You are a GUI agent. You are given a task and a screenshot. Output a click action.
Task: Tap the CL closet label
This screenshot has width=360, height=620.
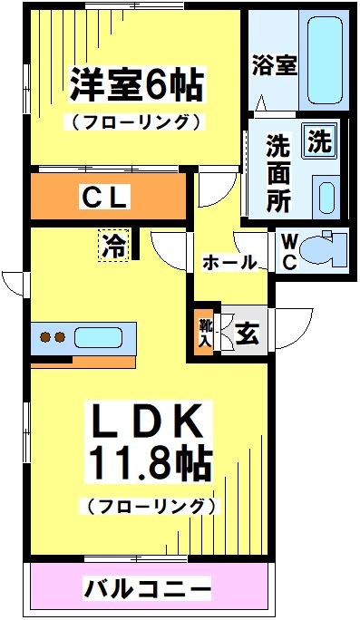pos(106,196)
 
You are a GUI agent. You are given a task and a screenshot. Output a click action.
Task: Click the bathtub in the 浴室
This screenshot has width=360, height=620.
pos(326,60)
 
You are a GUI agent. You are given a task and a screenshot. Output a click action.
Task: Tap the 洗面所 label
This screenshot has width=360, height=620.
pos(278,172)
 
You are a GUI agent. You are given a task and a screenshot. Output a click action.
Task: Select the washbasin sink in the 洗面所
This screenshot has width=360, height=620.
pos(326,193)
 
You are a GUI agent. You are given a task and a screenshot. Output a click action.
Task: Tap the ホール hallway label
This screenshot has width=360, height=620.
pos(228,263)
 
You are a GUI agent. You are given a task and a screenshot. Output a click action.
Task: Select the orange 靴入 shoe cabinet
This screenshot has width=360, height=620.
pos(206,333)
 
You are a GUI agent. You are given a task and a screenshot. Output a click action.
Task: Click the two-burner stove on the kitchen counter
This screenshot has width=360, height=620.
pos(51,338)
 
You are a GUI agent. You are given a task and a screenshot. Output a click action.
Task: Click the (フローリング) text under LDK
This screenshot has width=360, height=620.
pos(150,506)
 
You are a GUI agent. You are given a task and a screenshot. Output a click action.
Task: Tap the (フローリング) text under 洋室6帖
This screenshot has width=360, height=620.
pos(133,121)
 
